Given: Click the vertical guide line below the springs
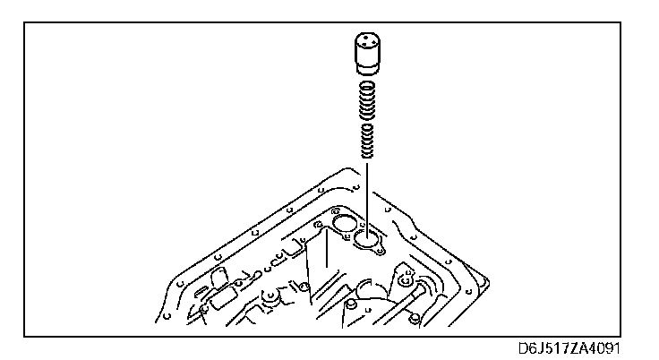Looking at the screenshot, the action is tap(365, 193).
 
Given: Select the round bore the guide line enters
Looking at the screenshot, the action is tap(365, 239).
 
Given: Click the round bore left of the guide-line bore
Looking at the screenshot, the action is tap(342, 220).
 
